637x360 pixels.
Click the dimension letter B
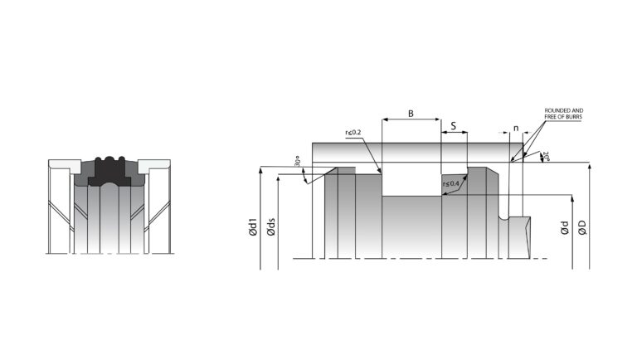pos(411,114)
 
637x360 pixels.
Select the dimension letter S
pos(454,126)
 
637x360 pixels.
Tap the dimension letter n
pos(516,129)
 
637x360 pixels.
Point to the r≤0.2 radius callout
pos(353,132)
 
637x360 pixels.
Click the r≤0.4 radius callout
pos(451,183)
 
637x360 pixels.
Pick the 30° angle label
pos(298,161)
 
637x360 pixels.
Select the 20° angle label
pos(546,157)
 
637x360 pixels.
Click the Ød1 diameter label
pos(253,227)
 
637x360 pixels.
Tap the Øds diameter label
pos(271,227)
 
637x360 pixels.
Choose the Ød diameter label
pos(564,228)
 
